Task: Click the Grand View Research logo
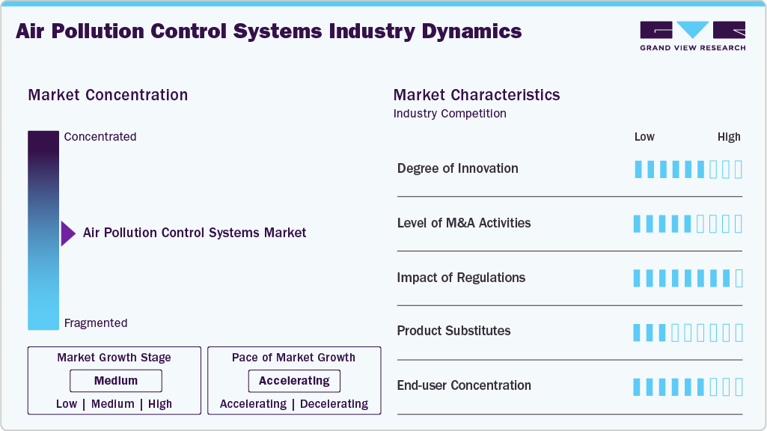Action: pos(692,35)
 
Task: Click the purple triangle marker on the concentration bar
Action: pos(67,233)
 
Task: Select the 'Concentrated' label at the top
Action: pos(100,137)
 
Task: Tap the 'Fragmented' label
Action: pos(96,323)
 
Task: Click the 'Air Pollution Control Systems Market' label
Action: pos(195,233)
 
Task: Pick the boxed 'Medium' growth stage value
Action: pos(116,381)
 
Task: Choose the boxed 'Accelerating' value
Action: pos(294,381)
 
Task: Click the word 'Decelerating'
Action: pos(334,404)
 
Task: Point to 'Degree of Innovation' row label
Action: pos(457,168)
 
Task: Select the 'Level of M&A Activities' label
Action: pos(463,223)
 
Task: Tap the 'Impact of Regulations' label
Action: pos(461,278)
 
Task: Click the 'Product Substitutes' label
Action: pos(453,331)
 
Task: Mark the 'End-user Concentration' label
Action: pos(464,385)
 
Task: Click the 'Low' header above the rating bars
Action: pos(644,137)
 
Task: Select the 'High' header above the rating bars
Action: pos(729,137)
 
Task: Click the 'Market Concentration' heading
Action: pos(108,95)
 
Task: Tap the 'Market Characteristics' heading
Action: pos(477,95)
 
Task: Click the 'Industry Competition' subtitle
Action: pos(450,114)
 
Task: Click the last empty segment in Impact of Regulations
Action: pos(739,278)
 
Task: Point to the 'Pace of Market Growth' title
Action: pos(293,358)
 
